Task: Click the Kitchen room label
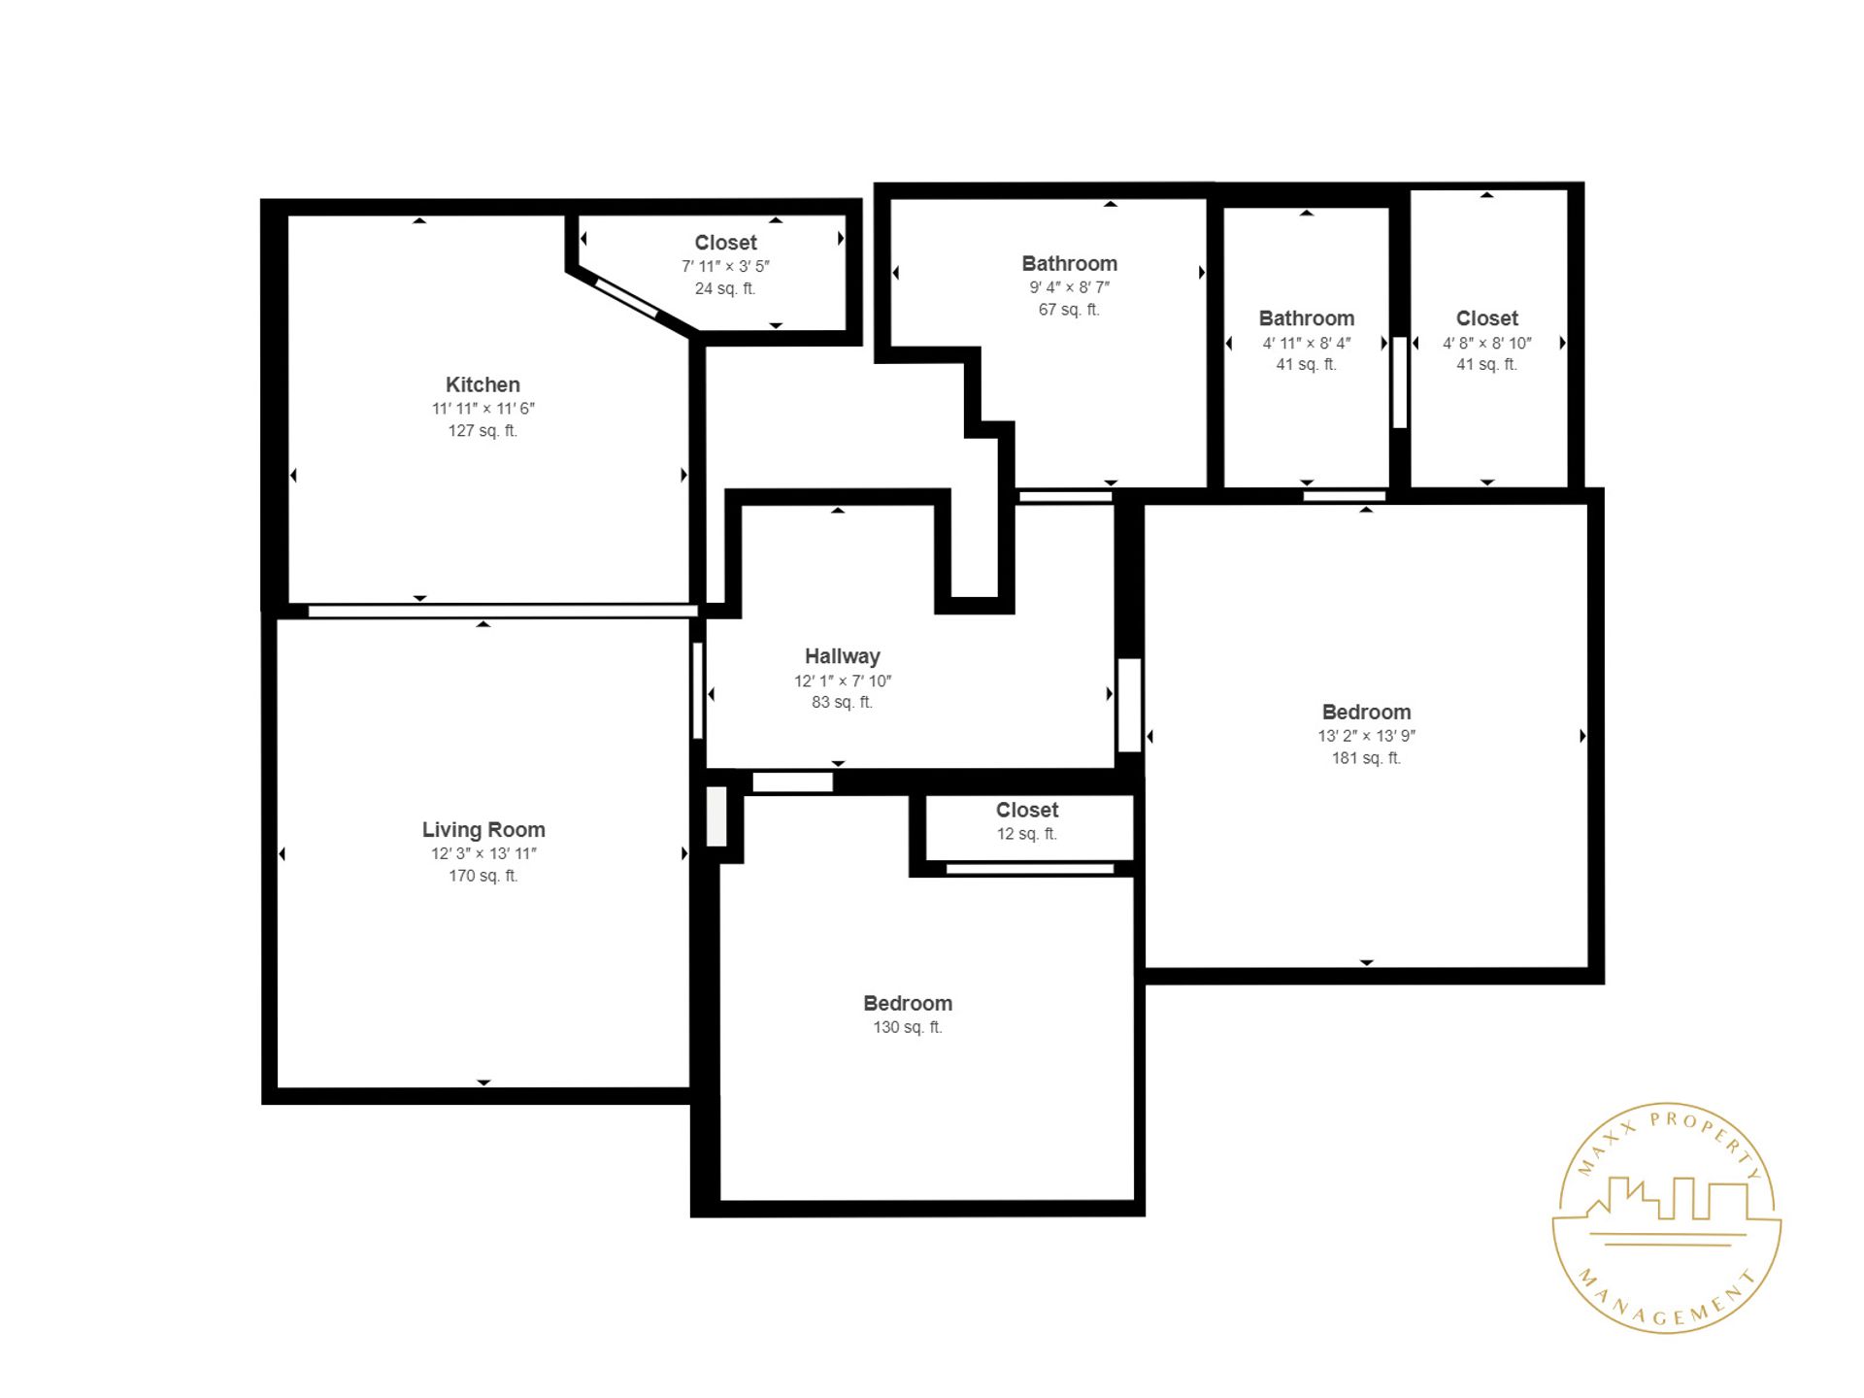483,384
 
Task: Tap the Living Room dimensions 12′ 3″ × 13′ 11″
483,853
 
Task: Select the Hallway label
842,656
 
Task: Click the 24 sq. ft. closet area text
724,288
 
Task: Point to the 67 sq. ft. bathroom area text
1068,310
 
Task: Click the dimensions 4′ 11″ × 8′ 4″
1306,343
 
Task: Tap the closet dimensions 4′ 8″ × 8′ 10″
1486,343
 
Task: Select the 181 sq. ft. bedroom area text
1365,758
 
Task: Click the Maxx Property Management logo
1666,1217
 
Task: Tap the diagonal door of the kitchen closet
626,298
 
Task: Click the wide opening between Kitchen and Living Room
502,611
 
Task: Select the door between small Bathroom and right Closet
1399,382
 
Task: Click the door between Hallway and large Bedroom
1129,705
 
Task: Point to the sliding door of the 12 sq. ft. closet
1029,868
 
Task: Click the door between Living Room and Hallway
697,690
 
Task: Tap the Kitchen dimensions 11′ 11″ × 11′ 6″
483,409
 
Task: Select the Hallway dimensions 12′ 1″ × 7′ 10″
842,682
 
